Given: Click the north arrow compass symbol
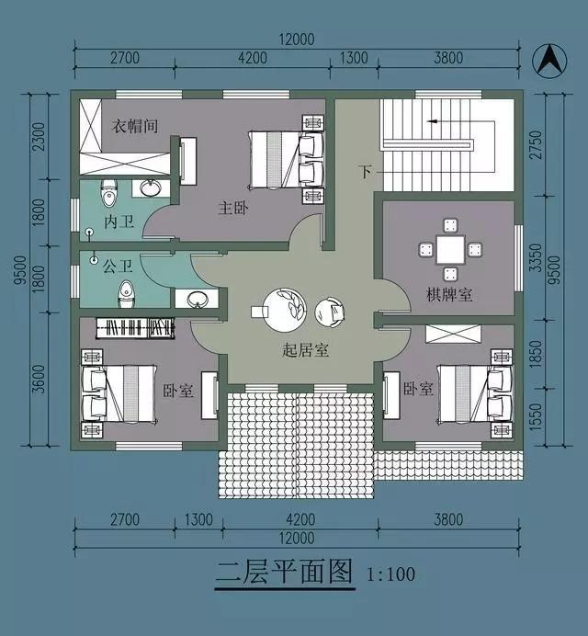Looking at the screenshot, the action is click(549, 61).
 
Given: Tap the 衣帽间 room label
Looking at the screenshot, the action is click(135, 126).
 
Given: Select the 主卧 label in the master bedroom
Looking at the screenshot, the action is click(233, 209).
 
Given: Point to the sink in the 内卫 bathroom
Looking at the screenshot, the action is click(151, 188).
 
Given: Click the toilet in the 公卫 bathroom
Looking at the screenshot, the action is click(125, 295).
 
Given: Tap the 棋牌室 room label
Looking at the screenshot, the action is click(449, 294).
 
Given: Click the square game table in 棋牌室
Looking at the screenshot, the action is click(450, 250).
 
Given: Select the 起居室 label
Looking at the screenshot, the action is click(305, 349).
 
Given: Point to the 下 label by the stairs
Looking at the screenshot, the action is click(365, 172).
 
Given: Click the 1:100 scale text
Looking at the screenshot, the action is click(390, 574).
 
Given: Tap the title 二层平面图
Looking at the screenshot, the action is click(284, 573).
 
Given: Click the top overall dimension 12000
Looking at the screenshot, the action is click(297, 40).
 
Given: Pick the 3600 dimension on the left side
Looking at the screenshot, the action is click(39, 380).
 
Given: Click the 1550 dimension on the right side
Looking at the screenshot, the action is click(536, 417).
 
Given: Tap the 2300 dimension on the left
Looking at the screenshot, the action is click(39, 137).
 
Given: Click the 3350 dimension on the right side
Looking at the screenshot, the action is click(536, 258).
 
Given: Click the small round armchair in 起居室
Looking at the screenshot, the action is click(330, 312).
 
